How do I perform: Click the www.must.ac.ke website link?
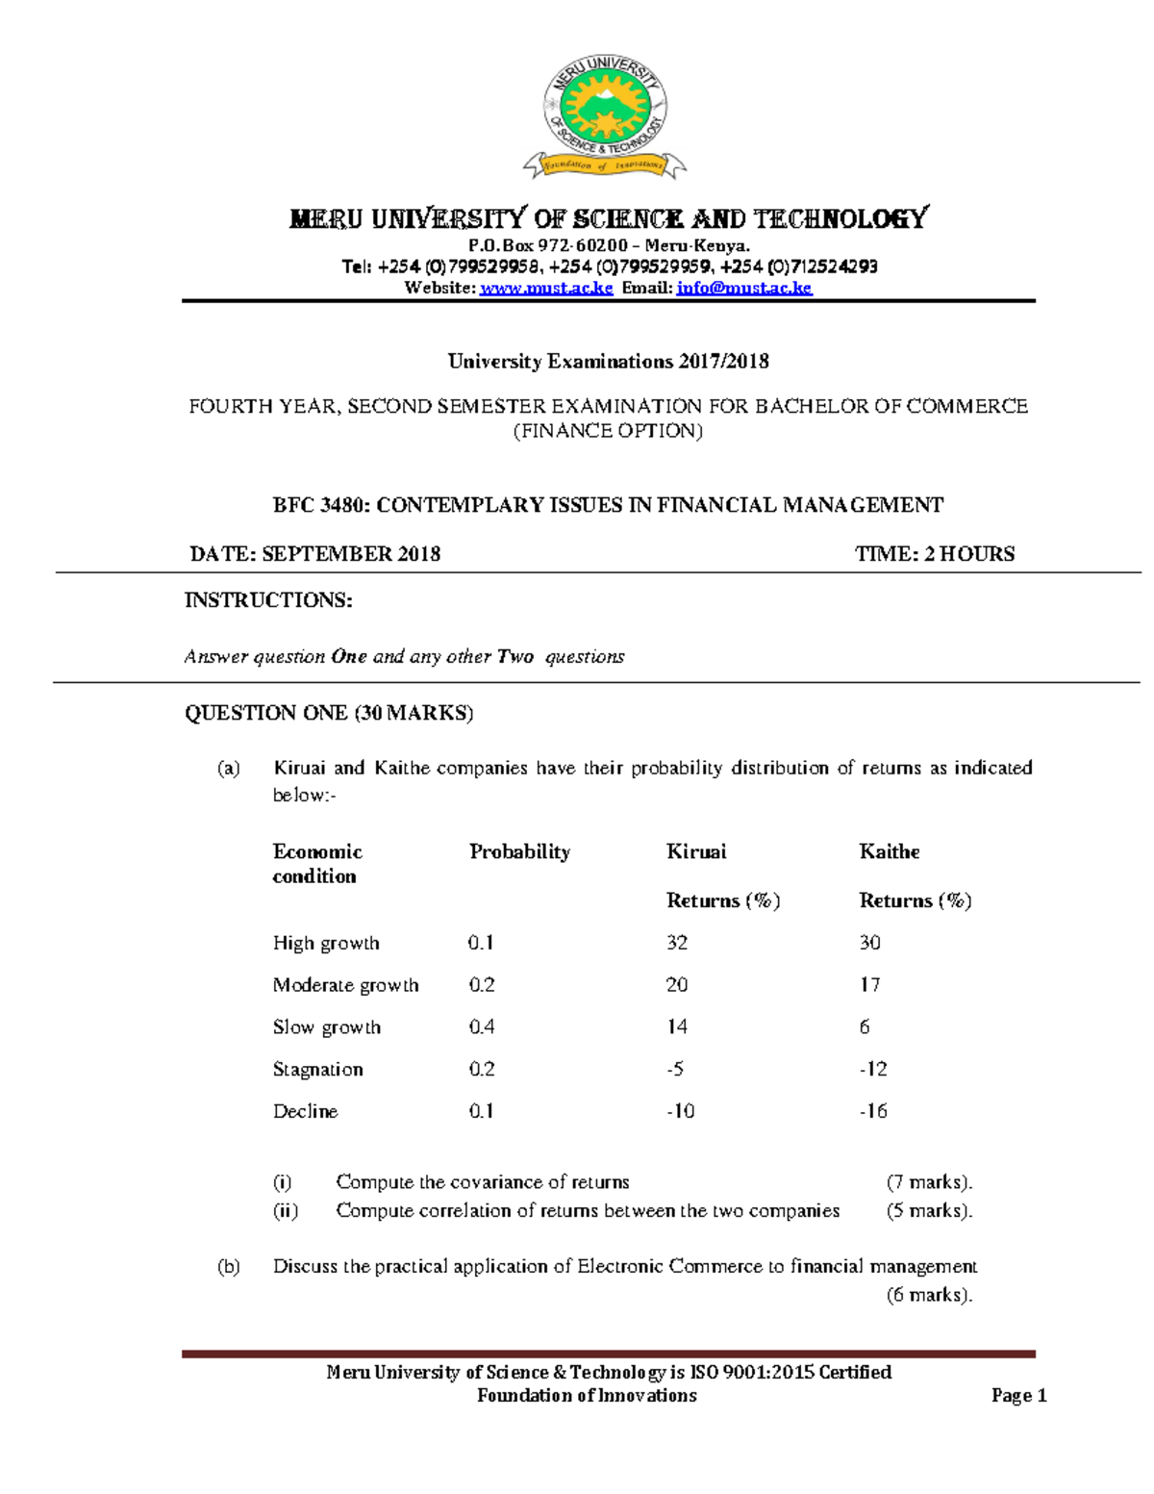[x=546, y=288]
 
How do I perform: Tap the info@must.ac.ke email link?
[x=744, y=288]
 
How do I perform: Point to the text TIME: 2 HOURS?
[x=935, y=554]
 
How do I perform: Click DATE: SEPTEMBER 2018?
[x=315, y=554]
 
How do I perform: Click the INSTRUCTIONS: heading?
[x=268, y=600]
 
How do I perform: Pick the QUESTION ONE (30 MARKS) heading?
[x=329, y=713]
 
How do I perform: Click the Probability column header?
[x=519, y=851]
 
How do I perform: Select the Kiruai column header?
[x=696, y=851]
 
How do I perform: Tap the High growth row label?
[x=326, y=943]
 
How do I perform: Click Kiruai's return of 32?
[x=677, y=943]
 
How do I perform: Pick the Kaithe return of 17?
[x=869, y=985]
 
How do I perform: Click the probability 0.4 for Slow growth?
[x=482, y=1027]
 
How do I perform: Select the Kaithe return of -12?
[x=873, y=1069]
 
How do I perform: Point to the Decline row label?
[x=305, y=1111]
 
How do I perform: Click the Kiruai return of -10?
[x=681, y=1111]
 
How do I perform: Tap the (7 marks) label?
[x=929, y=1182]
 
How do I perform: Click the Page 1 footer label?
[x=1018, y=1396]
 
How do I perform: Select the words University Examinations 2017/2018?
[x=608, y=362]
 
